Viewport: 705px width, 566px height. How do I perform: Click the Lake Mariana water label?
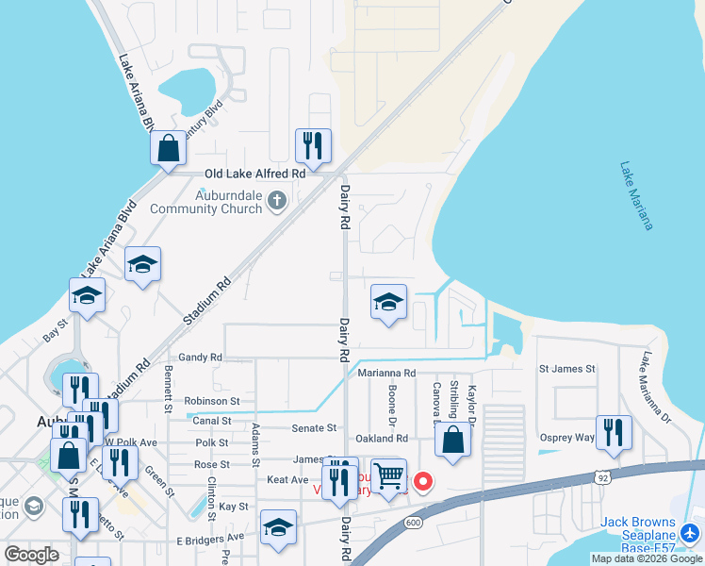point(636,195)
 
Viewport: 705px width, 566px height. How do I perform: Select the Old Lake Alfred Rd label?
point(255,174)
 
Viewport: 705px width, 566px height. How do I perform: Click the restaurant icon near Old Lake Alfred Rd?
point(313,146)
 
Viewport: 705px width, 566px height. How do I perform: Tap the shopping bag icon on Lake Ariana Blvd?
point(168,148)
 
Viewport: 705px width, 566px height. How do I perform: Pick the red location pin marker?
point(423,481)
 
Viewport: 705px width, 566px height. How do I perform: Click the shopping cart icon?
point(388,475)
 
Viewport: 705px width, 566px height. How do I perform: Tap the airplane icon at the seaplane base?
point(689,534)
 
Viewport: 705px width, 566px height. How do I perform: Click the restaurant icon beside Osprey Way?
point(614,432)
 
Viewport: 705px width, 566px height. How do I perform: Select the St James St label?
point(566,369)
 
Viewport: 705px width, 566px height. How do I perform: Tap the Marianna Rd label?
point(386,374)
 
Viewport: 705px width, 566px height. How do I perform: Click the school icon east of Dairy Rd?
point(388,303)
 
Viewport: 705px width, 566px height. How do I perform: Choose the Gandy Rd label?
point(200,358)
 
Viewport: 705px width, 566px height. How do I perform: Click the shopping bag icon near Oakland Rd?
point(453,441)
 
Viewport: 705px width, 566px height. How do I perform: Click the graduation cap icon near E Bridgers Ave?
point(278,528)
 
